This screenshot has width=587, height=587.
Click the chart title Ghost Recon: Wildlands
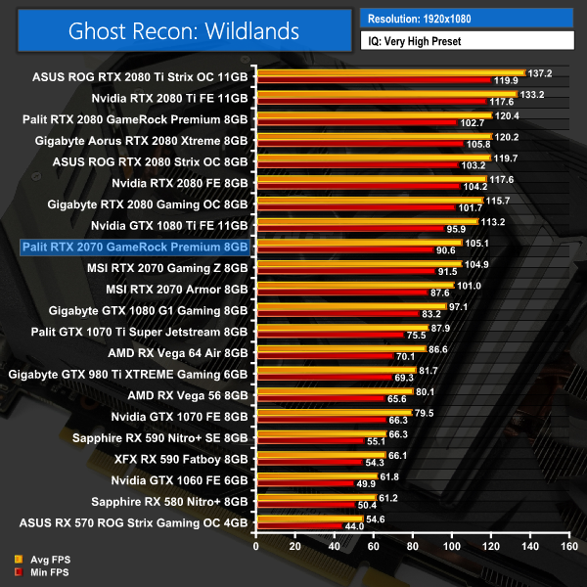pyautogui.click(x=184, y=30)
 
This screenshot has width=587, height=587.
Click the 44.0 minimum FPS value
pyautogui.click(x=353, y=526)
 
